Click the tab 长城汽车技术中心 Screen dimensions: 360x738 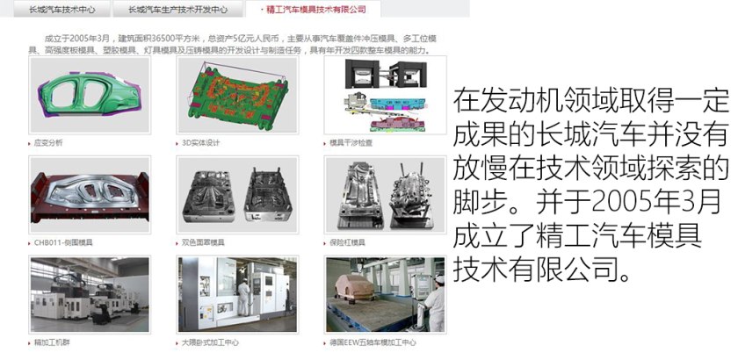click(61, 11)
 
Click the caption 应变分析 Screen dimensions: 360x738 click(48, 142)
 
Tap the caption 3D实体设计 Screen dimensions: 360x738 click(200, 142)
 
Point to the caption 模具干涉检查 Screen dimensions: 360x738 click(351, 142)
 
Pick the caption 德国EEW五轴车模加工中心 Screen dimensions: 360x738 click(373, 342)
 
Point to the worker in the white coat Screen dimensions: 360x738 click(433, 299)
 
